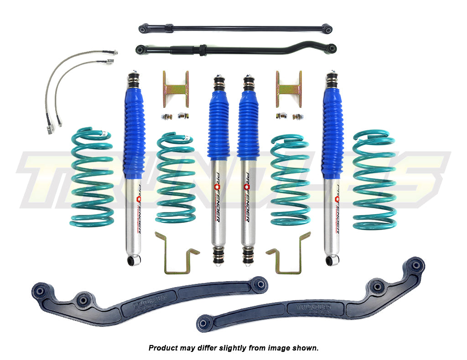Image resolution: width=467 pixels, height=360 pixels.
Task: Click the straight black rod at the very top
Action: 235,28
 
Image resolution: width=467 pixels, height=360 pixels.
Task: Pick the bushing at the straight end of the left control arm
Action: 259,284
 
